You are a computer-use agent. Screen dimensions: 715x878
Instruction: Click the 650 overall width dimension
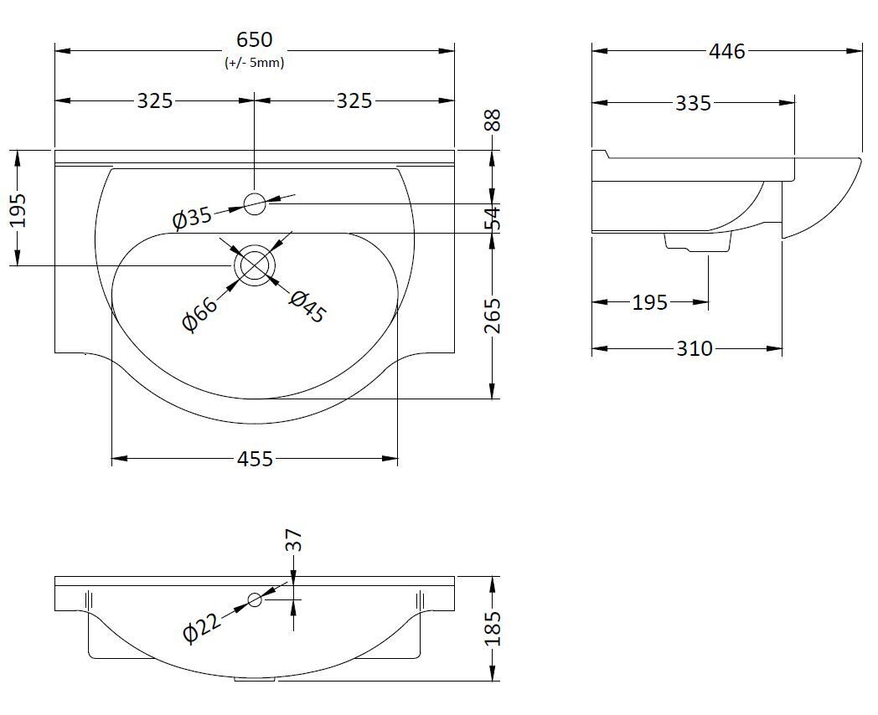tap(254, 39)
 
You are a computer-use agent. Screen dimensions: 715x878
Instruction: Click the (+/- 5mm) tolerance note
tap(254, 63)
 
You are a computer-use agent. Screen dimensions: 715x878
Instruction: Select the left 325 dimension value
tap(155, 100)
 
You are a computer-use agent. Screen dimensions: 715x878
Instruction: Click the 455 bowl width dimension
tap(255, 459)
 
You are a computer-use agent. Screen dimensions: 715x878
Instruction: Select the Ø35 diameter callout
tap(192, 218)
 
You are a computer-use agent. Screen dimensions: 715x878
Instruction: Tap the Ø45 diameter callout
tap(307, 306)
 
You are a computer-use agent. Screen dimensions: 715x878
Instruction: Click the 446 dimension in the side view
tap(726, 51)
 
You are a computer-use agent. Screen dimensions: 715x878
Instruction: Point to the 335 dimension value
tap(693, 103)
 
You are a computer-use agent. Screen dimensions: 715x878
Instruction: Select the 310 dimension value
tap(695, 348)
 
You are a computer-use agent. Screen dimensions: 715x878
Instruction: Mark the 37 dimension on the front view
tap(294, 540)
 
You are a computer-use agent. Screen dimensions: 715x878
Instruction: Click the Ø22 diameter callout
tap(201, 626)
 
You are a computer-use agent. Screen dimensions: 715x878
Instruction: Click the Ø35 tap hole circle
tap(255, 203)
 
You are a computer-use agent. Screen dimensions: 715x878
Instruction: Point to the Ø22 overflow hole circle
tap(255, 599)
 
